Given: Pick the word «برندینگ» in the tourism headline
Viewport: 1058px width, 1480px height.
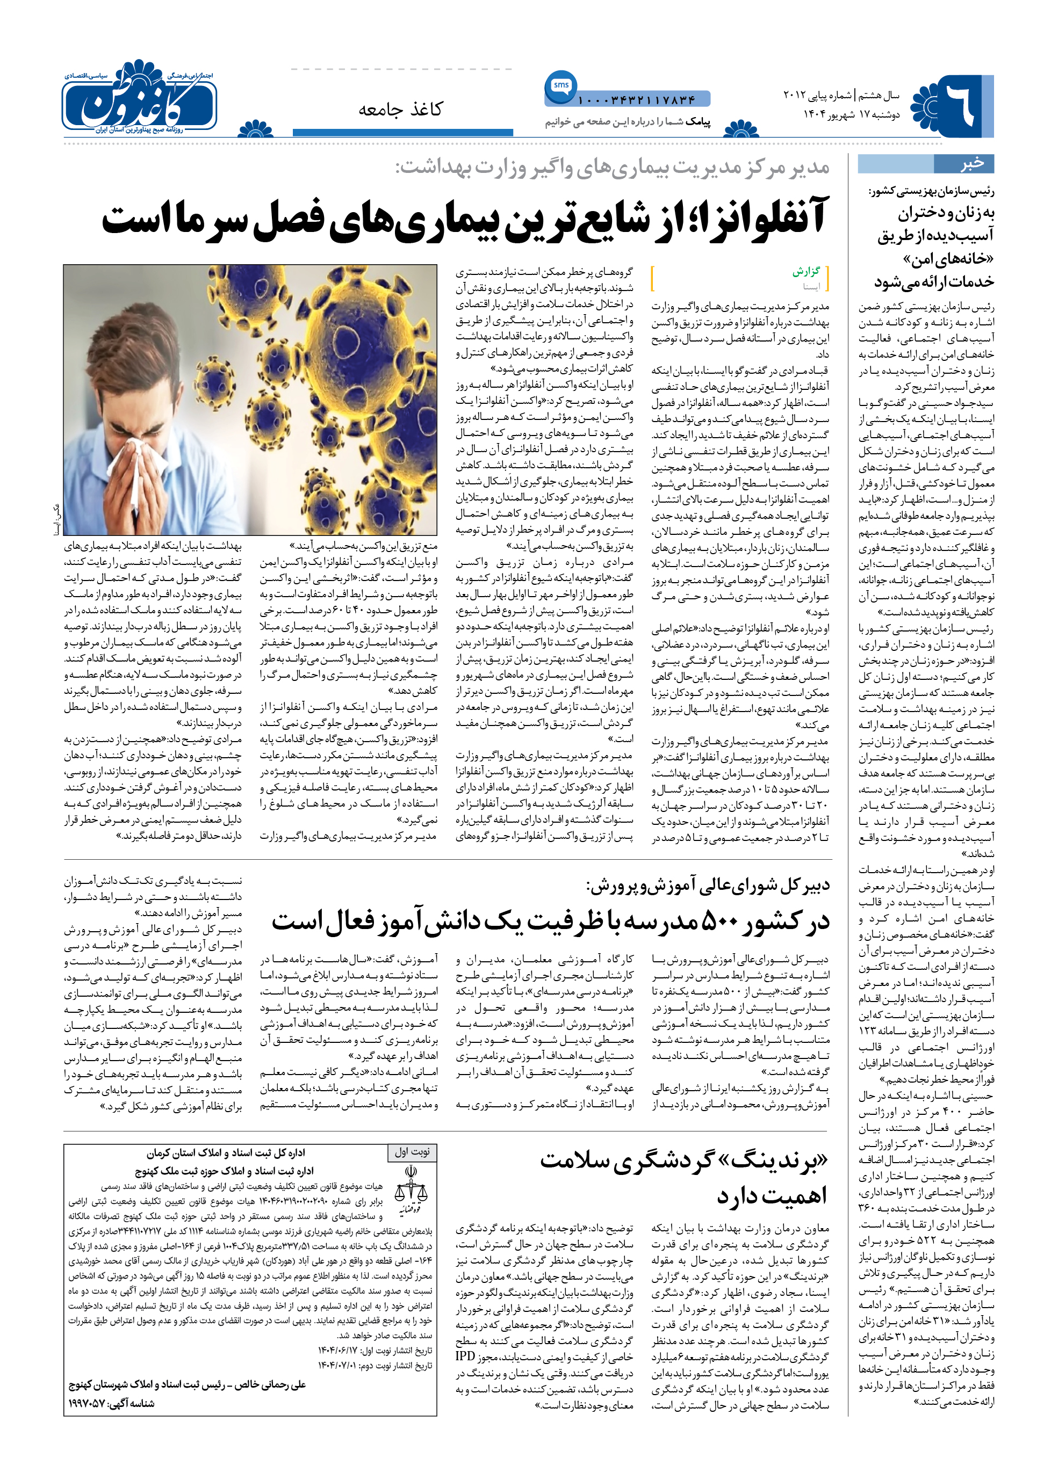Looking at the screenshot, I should pyautogui.click(x=775, y=1162).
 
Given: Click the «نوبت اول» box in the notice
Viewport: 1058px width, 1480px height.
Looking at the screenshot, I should pyautogui.click(x=412, y=1152).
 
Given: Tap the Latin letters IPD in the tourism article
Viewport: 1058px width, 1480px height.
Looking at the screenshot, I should pyautogui.click(x=465, y=1356).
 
